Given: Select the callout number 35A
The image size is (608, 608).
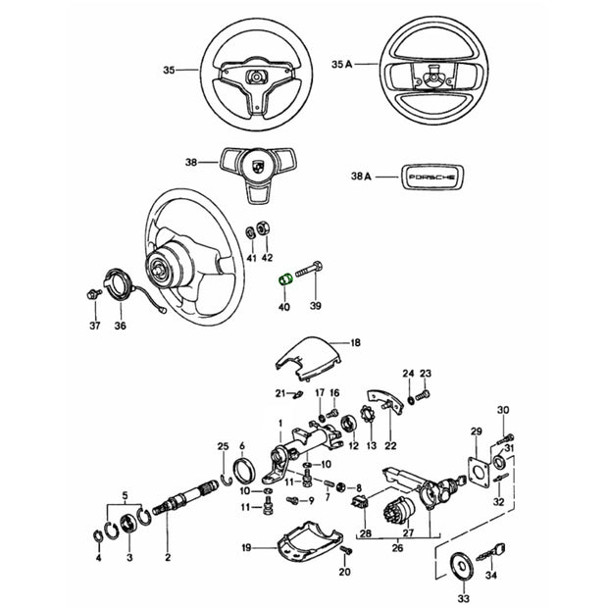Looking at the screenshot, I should pos(342,65).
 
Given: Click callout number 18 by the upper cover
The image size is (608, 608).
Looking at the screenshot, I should pos(355,342).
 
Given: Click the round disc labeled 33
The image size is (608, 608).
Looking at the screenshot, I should pos(457,566).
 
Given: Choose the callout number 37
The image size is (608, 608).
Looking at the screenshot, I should pos(96,325).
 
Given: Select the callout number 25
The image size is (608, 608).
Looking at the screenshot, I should pos(223,446).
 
